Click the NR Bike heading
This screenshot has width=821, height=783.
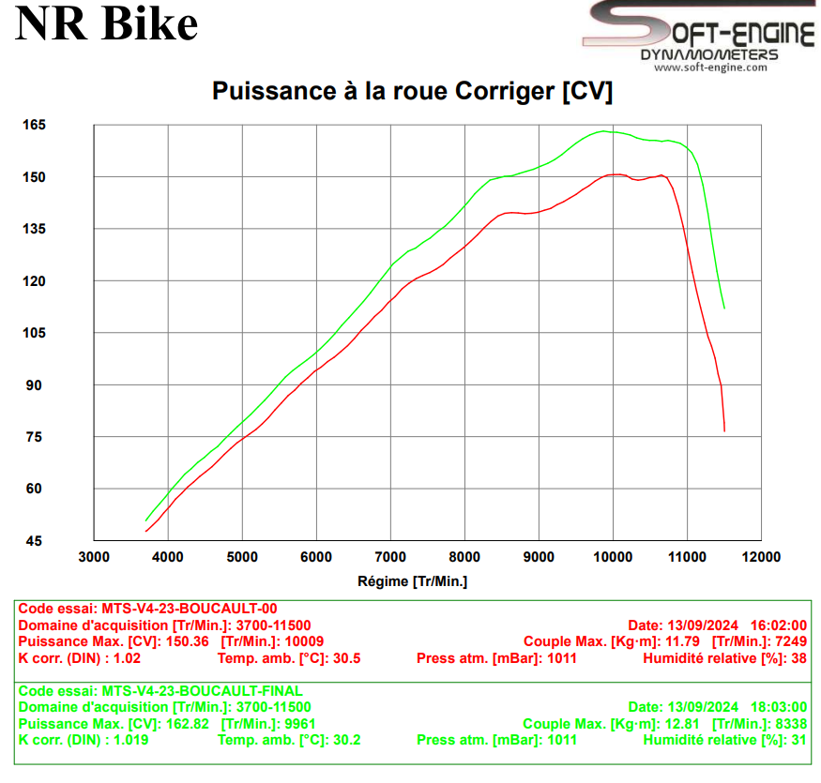coord(106,25)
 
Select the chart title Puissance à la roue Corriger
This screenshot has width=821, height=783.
coord(412,92)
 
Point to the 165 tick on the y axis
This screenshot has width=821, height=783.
coord(35,125)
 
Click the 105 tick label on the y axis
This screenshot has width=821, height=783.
coord(35,333)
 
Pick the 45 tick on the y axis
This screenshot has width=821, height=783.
coord(35,541)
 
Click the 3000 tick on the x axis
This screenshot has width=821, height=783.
coord(94,557)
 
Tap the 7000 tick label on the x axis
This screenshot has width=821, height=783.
coord(390,557)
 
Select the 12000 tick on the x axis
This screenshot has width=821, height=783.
coord(761,557)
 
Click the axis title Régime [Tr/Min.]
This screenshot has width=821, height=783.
coord(412,581)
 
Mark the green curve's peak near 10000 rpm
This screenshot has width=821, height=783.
coord(605,131)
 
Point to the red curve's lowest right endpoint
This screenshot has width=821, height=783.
coord(724,430)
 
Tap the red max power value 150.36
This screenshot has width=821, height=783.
coord(186,641)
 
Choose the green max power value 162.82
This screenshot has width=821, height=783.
coord(186,723)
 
